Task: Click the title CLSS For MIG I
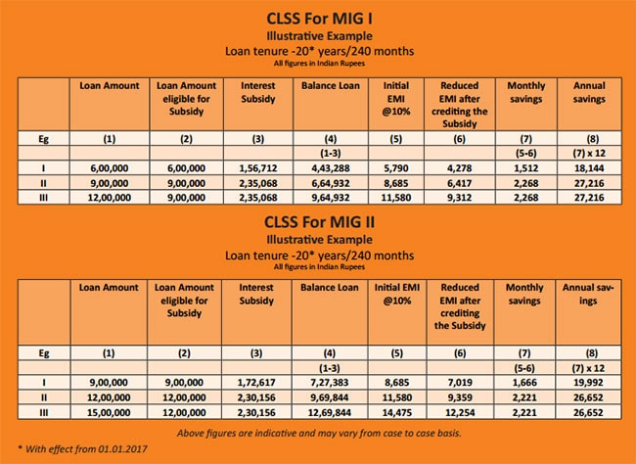[319, 19]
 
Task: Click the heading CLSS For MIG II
[319, 222]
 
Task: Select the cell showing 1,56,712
[258, 168]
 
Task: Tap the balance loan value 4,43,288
[331, 168]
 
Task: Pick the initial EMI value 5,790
[396, 168]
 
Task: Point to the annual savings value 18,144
[589, 168]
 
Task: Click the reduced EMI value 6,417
[459, 183]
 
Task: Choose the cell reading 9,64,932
[331, 198]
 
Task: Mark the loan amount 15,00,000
[109, 412]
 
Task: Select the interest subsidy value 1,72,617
[256, 383]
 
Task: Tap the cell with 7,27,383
[330, 383]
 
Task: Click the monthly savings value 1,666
[524, 383]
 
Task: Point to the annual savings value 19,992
[588, 383]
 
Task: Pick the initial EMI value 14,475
[397, 412]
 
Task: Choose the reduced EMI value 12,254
[460, 412]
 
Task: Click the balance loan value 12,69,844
[330, 412]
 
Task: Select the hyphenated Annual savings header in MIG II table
[588, 294]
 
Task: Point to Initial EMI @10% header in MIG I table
[396, 99]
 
